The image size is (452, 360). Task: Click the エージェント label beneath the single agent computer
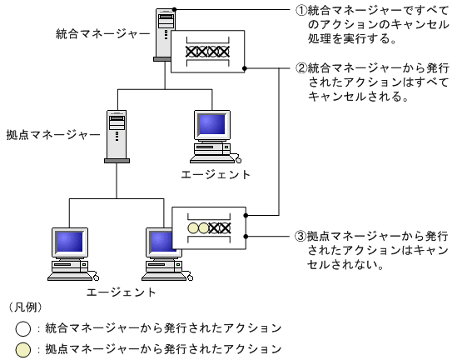(215, 174)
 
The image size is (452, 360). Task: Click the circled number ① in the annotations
(302, 12)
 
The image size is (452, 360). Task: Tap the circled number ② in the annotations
(302, 67)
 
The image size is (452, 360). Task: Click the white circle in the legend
(22, 328)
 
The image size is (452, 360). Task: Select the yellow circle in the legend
(22, 349)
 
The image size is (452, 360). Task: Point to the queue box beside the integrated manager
(207, 52)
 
